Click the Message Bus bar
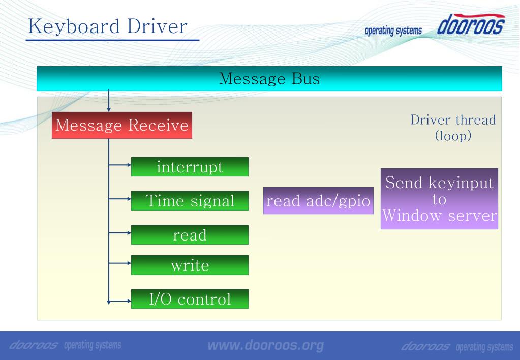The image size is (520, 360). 269,79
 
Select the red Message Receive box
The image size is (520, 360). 122,125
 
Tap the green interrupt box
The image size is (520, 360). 190,167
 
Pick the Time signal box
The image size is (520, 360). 190,200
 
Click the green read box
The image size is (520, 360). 190,234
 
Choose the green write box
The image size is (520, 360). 190,265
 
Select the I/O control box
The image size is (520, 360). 190,299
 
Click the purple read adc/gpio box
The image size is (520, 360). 318,200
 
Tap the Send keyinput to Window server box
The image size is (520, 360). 439,199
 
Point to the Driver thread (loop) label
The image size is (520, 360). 453,128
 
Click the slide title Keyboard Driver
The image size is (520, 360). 108,26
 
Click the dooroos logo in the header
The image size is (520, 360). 471,24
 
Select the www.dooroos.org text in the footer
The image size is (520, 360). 266,345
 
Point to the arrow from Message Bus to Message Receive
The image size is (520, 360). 109,101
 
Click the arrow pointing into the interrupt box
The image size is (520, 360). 120,165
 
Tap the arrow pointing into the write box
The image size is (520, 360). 120,263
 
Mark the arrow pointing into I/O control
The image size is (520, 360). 120,302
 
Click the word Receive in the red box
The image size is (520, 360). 158,125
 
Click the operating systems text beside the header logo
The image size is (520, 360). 393,31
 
